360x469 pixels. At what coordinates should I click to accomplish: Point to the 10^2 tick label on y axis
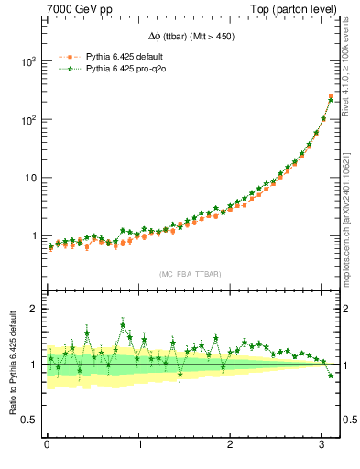click(x=27, y=119)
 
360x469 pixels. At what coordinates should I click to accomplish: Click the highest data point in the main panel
click(x=331, y=97)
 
